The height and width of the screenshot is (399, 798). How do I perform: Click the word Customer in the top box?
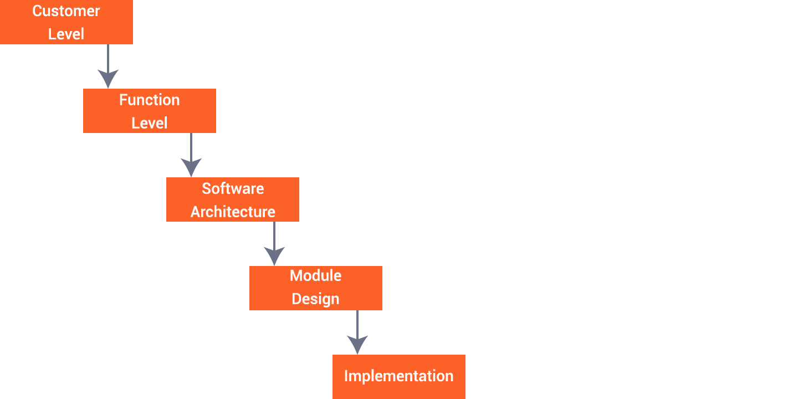point(66,11)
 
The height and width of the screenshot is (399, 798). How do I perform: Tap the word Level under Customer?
point(66,34)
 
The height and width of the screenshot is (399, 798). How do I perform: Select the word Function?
point(149,100)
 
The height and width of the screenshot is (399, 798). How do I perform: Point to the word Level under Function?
point(149,123)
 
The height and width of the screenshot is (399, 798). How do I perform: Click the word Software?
point(233,188)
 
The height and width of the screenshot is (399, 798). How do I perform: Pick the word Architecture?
point(233,212)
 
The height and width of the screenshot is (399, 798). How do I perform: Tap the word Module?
point(315,276)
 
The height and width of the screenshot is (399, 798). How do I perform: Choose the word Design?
point(315,299)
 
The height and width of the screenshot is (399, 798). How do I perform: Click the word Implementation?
point(398,376)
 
